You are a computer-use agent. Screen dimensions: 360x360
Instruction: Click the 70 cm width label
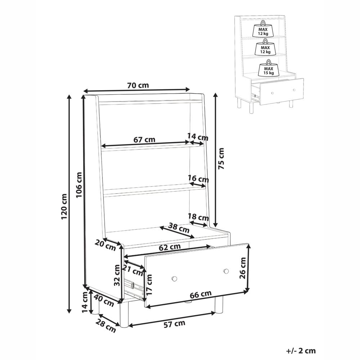point(138,85)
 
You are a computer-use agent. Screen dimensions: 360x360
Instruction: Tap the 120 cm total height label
point(64,206)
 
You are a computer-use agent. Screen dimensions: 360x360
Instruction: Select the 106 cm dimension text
point(79,185)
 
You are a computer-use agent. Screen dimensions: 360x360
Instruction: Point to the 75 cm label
point(221,159)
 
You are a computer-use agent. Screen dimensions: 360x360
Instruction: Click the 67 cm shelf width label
point(144,139)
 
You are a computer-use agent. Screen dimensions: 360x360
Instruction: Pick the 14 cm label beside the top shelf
point(198,137)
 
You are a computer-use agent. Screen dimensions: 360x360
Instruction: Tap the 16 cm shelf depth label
point(198,179)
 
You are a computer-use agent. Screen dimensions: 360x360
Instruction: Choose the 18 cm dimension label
point(198,217)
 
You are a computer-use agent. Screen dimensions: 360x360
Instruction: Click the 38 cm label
point(179,228)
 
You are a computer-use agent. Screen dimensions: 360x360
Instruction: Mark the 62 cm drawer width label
point(170,247)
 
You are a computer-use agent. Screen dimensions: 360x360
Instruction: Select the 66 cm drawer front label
point(201,294)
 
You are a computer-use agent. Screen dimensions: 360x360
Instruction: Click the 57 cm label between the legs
point(174,324)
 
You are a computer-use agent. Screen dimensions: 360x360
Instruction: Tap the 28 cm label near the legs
point(105,326)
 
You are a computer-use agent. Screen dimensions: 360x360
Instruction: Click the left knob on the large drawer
point(174,279)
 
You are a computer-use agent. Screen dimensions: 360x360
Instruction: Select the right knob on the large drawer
point(226,271)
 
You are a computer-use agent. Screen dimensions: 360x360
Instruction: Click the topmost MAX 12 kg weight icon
point(263,29)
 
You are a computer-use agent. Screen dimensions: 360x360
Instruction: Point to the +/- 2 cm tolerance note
point(301,351)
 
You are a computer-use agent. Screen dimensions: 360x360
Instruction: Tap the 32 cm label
point(117,275)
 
